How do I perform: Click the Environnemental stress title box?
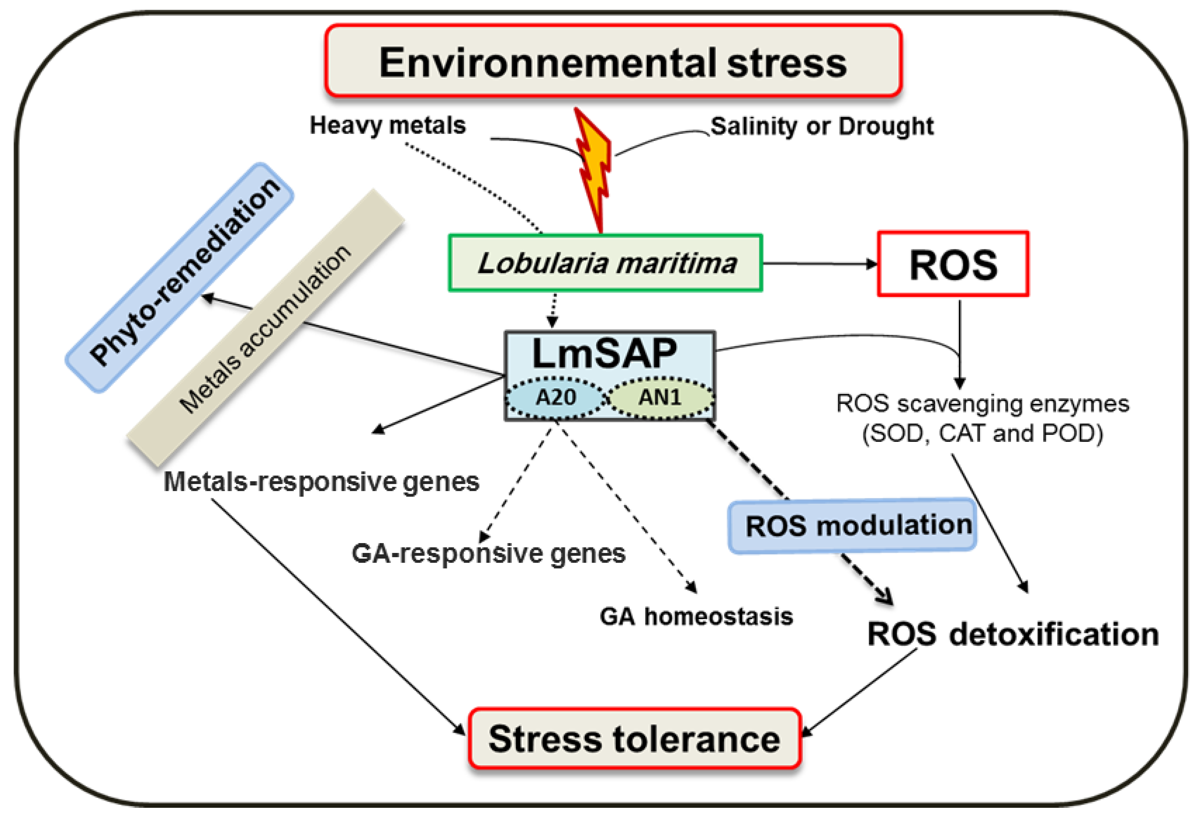coord(613,61)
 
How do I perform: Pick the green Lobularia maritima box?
coord(605,263)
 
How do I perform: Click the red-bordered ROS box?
coord(953,264)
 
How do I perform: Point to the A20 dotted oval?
coord(555,397)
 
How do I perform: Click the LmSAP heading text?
coord(604,353)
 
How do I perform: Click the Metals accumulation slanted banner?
coord(265,328)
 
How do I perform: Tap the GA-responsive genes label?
coord(488,553)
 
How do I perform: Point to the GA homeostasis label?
coord(696,616)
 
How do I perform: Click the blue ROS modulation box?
coord(852,526)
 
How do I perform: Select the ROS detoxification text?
coord(1012,634)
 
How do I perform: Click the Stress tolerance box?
coord(634,738)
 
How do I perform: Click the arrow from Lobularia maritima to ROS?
coord(819,264)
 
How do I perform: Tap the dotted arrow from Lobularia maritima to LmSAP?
coord(554,309)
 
